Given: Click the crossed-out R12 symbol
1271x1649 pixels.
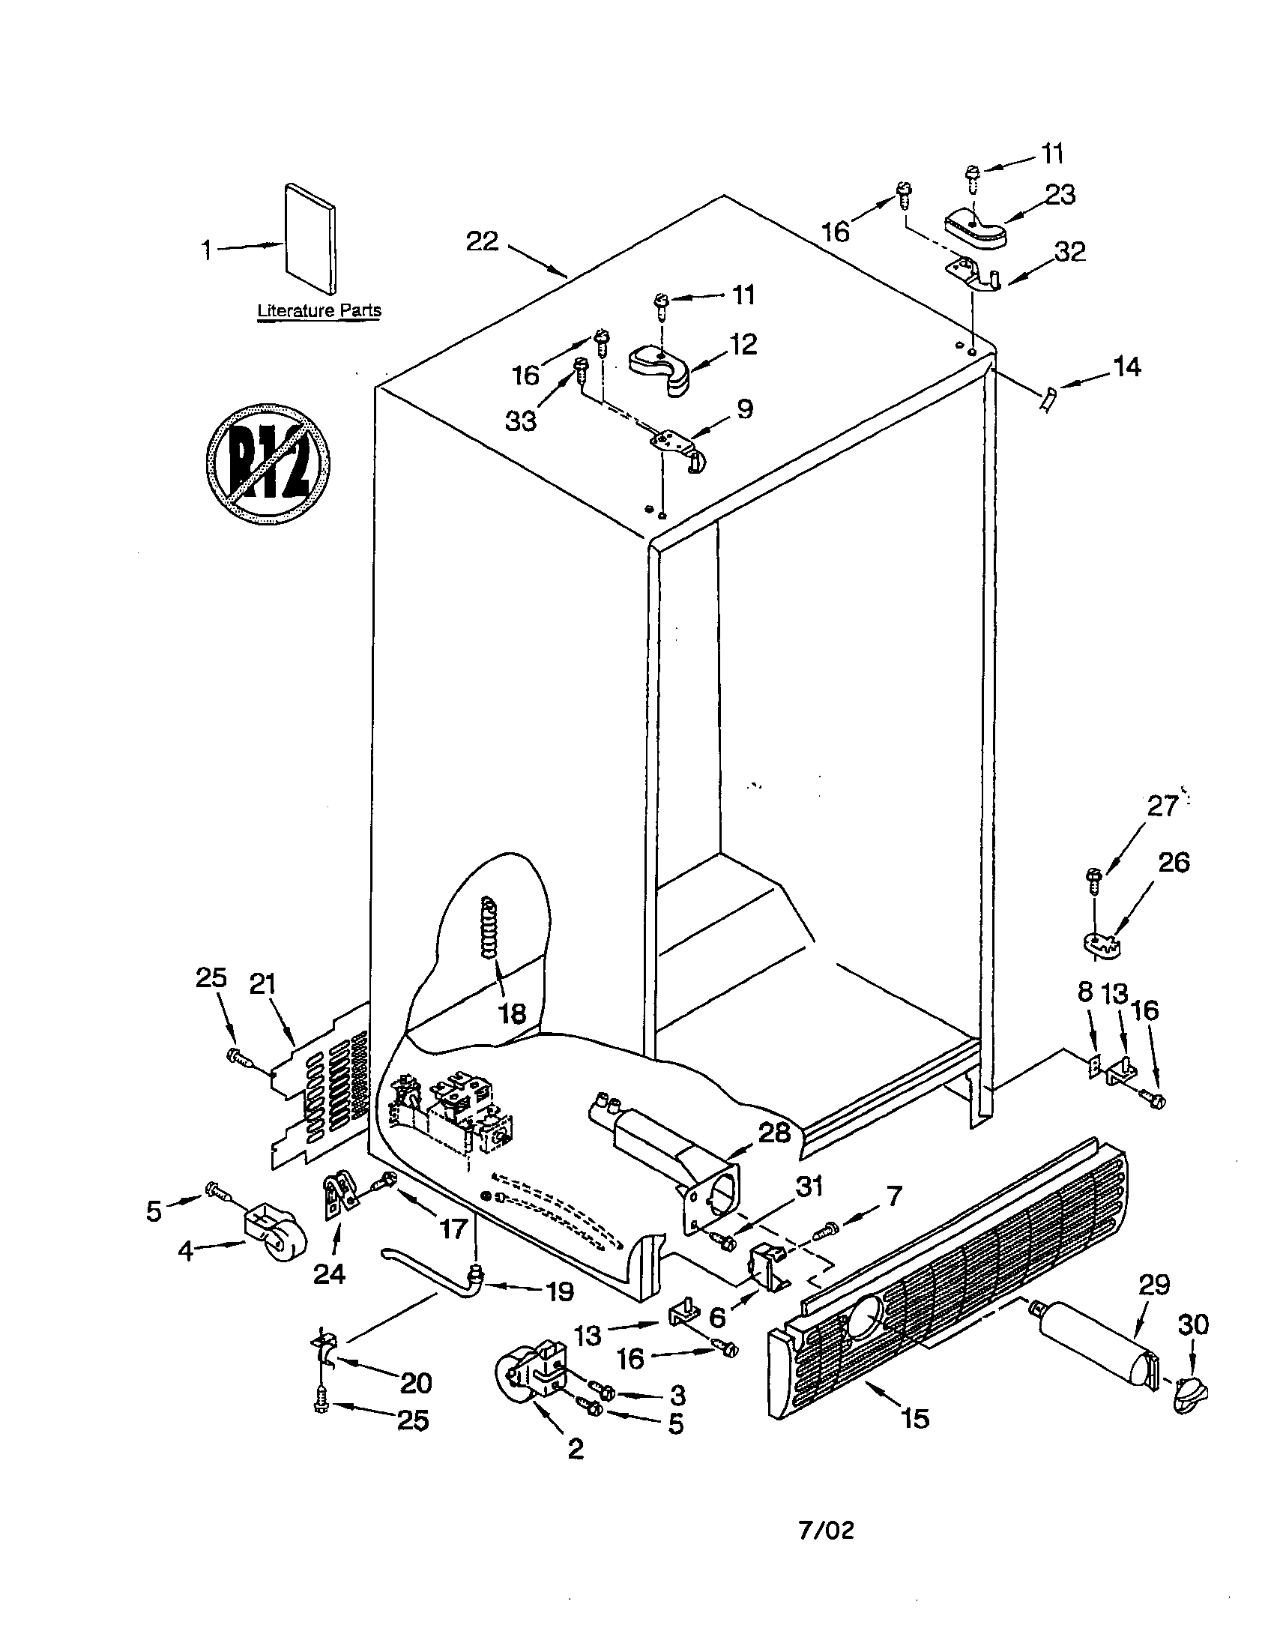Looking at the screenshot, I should tap(268, 462).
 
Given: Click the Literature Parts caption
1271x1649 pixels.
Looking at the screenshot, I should tap(318, 310).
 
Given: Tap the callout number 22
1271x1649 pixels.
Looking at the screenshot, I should tap(482, 241).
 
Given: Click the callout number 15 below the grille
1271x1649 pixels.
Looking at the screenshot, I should tap(915, 1420).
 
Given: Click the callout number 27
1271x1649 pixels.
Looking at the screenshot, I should tap(1162, 807).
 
